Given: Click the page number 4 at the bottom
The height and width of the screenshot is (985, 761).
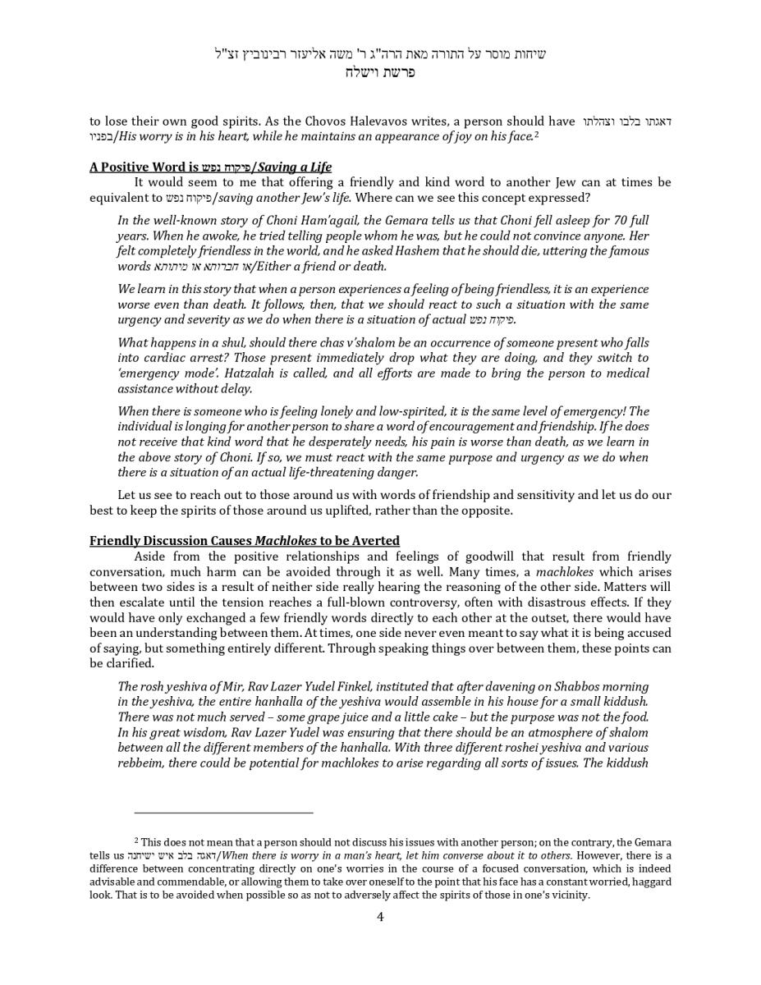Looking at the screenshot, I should pos(380,917).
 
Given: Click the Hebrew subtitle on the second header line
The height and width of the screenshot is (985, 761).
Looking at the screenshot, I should pos(380,72).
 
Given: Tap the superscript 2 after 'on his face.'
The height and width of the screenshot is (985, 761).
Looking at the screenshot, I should pos(536,134).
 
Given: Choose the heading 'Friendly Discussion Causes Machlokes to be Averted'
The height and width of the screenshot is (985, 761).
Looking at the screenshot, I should pos(245,541).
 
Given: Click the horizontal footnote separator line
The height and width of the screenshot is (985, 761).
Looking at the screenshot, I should pos(223,813).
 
